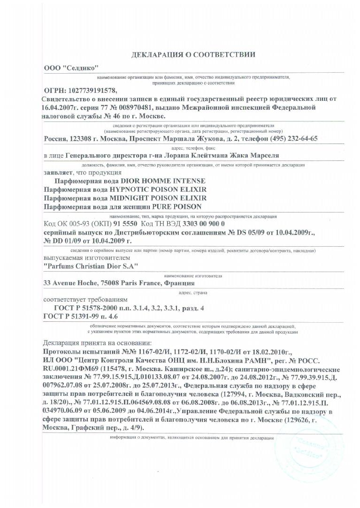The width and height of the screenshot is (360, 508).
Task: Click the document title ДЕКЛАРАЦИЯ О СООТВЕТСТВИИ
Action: pyautogui.click(x=193, y=54)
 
